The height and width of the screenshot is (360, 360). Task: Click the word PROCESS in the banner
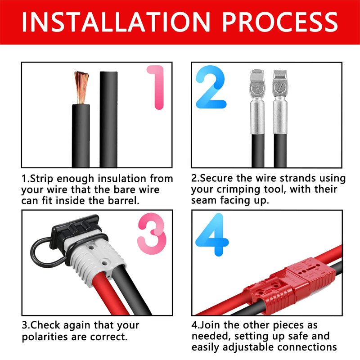(x=280, y=22)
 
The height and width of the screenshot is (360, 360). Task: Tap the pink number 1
(x=157, y=87)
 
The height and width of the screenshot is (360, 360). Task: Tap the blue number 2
(x=211, y=87)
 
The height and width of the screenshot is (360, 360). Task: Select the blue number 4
(x=212, y=234)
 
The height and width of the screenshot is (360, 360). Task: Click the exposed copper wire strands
(x=81, y=87)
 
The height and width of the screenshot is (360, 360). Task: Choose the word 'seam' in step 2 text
(x=204, y=200)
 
